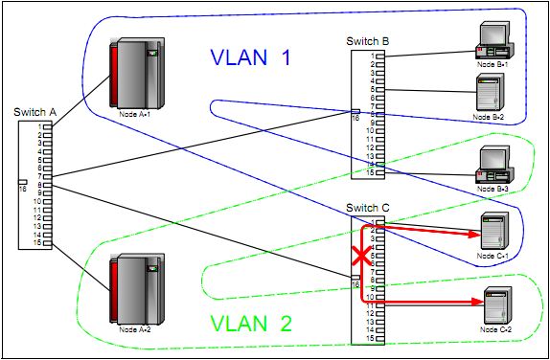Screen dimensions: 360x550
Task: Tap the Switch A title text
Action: tap(35, 112)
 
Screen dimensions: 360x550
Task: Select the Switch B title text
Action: tap(369, 41)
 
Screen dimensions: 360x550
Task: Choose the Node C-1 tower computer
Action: tap(491, 232)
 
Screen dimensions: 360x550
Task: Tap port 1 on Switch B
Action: tap(379, 56)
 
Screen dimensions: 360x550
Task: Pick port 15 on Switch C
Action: tap(379, 339)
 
